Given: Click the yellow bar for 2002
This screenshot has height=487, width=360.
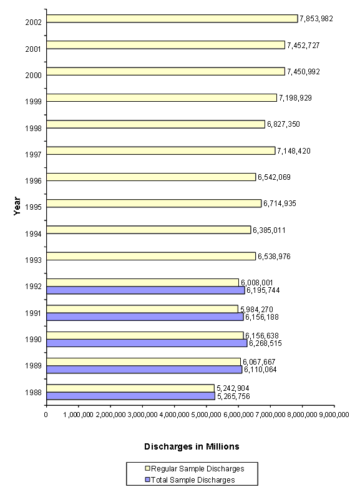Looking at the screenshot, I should [172, 19].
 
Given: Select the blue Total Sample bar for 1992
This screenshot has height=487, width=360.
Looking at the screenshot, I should [145, 290].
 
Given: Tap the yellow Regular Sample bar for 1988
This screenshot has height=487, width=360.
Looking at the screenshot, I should [130, 388].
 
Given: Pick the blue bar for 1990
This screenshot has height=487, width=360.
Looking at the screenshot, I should [147, 343].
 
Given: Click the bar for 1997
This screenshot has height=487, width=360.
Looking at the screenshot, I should [160, 150].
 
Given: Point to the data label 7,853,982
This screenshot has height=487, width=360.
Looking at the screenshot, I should [316, 19].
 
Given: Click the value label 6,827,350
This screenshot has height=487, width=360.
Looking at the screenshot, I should [283, 124].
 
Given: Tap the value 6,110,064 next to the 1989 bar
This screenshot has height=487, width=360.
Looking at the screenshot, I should [260, 370].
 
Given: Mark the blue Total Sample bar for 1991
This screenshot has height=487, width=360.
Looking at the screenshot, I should [145, 317].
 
